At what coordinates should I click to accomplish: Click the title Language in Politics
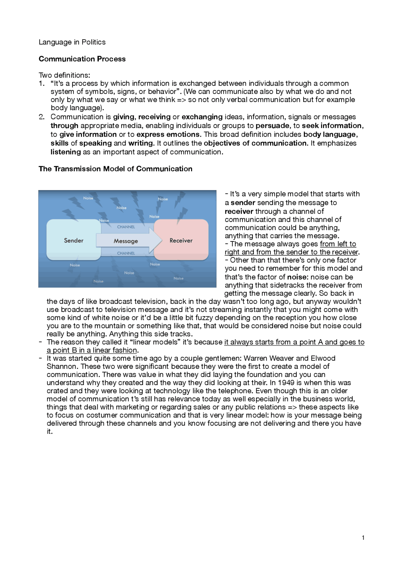pos(72,42)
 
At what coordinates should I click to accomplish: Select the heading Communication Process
pos(82,59)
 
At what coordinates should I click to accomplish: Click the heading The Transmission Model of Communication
pos(115,169)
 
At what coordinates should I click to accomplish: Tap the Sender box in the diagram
pos(74,240)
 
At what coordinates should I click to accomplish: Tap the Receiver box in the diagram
pos(181,240)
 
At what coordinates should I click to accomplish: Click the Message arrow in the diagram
pos(126,241)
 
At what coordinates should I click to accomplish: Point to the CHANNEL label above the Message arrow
pos(126,227)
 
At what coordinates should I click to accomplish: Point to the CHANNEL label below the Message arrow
pos(126,253)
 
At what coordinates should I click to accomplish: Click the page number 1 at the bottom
pos(363,538)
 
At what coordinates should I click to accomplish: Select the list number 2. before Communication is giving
pos(42,117)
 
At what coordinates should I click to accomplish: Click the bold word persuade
pos(272,126)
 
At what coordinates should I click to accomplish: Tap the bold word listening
pos(65,152)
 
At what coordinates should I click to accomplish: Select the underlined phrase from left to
pos(338,244)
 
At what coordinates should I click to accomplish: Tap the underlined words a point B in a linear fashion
pos(92,350)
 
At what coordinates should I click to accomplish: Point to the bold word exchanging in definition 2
pos(202,117)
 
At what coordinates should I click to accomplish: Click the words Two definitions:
pos(64,75)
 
